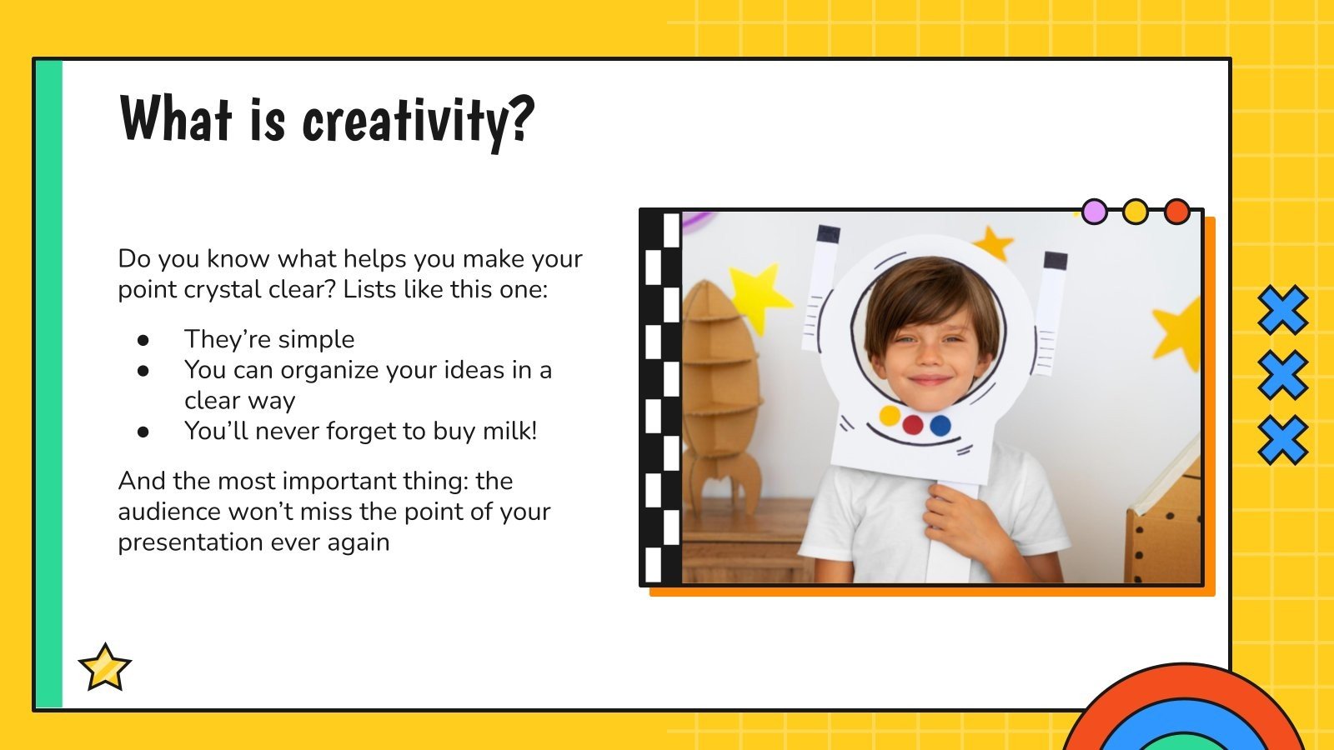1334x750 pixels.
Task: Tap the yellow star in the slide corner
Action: (x=105, y=668)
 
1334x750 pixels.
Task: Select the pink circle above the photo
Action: (x=1094, y=212)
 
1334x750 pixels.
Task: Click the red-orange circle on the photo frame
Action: (x=1176, y=212)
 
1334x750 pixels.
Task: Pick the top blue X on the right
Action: (x=1282, y=310)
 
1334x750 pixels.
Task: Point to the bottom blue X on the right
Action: (x=1282, y=440)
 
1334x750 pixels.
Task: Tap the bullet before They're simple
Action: (x=143, y=340)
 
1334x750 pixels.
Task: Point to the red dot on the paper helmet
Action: (x=914, y=425)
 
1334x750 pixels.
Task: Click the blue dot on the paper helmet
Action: (x=940, y=426)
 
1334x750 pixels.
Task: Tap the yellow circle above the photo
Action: (x=1135, y=212)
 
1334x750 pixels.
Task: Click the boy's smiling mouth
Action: (x=930, y=380)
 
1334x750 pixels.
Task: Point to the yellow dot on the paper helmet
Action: (x=890, y=415)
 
